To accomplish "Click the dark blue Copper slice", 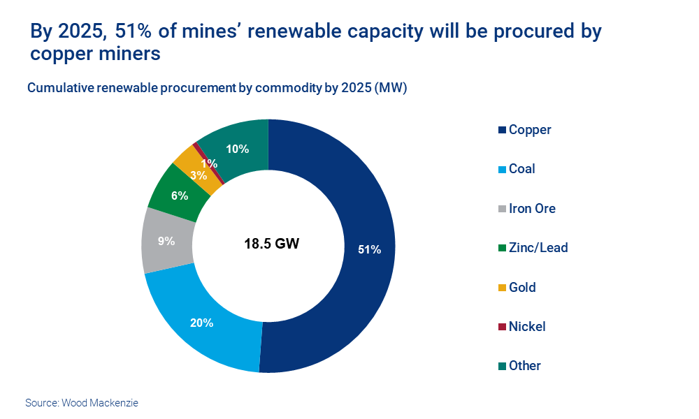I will click(x=349, y=209).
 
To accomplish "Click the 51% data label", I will click(x=369, y=249).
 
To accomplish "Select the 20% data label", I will click(x=201, y=323).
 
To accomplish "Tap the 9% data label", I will click(x=166, y=241).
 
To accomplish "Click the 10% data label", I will click(x=238, y=148).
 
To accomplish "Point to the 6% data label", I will click(x=180, y=196).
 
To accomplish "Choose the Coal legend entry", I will click(x=521, y=169).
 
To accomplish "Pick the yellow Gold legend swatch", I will click(x=501, y=288).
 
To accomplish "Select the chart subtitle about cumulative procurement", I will click(x=217, y=88).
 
